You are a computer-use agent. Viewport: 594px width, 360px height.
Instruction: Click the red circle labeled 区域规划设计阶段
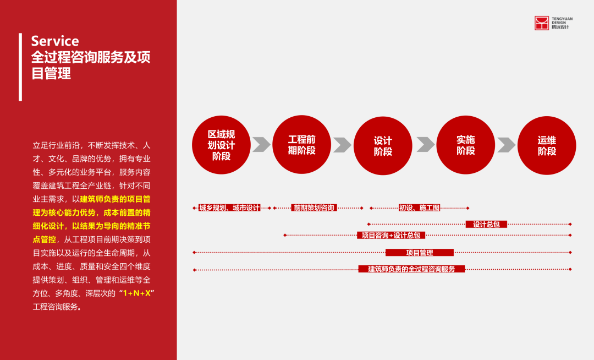(x=221, y=145)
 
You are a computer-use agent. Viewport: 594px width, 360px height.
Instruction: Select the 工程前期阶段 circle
(x=301, y=144)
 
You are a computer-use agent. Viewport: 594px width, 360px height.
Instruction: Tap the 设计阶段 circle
(x=382, y=145)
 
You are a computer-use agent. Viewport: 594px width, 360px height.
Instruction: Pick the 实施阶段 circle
(x=465, y=145)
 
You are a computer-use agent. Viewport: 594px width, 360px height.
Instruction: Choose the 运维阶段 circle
(x=546, y=145)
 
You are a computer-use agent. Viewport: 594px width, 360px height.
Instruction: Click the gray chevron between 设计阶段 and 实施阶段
(x=425, y=144)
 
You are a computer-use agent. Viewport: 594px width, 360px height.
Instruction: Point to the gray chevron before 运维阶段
(x=506, y=144)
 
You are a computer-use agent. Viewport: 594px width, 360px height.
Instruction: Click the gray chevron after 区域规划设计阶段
(x=261, y=144)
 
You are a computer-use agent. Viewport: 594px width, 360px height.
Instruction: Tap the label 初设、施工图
(x=419, y=208)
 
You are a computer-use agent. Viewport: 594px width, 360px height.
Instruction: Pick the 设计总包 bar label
(x=486, y=224)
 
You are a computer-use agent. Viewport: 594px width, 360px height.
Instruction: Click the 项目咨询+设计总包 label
(x=391, y=236)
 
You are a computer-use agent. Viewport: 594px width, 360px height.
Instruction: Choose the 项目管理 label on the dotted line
(x=419, y=253)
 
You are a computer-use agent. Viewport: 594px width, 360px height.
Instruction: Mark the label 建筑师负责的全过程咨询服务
(x=411, y=269)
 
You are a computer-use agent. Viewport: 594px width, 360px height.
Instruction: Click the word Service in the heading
(x=55, y=41)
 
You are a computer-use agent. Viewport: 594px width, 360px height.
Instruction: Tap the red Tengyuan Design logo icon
(x=542, y=23)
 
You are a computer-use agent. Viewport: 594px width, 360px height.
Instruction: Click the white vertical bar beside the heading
(x=20, y=67)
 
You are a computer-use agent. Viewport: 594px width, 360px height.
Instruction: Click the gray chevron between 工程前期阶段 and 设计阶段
(x=342, y=144)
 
